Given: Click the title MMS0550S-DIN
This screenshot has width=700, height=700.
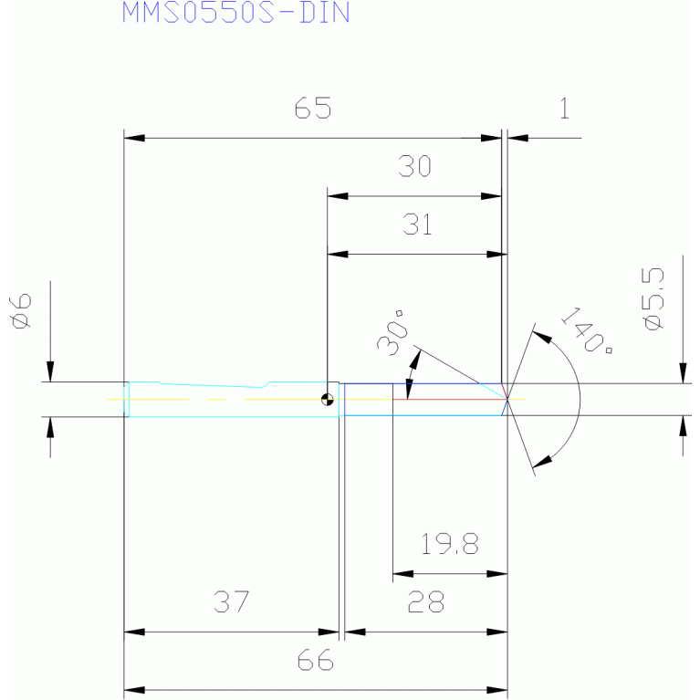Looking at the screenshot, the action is tap(235, 12).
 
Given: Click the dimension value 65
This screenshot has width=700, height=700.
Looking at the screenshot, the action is tap(313, 108).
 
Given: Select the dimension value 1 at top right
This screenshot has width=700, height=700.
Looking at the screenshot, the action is tap(565, 108).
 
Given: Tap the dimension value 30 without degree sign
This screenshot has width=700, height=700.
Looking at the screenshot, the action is tap(414, 166).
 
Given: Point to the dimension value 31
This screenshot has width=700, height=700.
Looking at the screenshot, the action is tap(417, 225).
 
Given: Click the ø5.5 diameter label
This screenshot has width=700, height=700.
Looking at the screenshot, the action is tap(654, 298).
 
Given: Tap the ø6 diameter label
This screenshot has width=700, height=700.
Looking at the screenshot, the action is tap(21, 311).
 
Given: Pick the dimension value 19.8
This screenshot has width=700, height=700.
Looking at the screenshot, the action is tap(450, 544).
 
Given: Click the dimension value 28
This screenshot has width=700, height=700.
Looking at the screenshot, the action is tap(426, 601).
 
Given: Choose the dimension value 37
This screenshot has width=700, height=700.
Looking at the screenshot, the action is tap(231, 601).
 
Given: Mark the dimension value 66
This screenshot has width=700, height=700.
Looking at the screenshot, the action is tap(315, 660).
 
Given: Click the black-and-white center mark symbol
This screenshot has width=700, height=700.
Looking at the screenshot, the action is tap(328, 399).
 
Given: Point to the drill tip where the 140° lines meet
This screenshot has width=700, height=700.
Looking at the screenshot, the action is tap(507, 399).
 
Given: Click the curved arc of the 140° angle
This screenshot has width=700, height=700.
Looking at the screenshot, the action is tap(580, 399).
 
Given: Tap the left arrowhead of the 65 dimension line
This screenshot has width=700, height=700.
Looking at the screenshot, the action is tap(134, 138).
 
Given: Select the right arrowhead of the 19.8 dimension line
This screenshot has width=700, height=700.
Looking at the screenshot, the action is tap(496, 574).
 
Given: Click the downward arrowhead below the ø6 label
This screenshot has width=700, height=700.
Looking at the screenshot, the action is tap(50, 371).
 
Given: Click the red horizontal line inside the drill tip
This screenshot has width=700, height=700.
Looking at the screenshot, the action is tap(450, 399).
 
